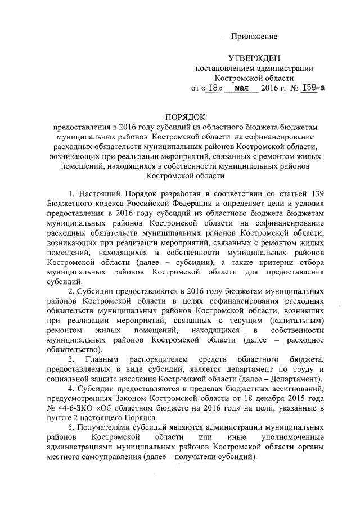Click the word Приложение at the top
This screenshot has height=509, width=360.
pyautogui.click(x=255, y=37)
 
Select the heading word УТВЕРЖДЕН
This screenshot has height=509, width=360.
pyautogui.click(x=254, y=58)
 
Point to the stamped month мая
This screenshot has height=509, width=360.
pyautogui.click(x=244, y=88)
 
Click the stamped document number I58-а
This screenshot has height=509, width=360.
pyautogui.click(x=313, y=88)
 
